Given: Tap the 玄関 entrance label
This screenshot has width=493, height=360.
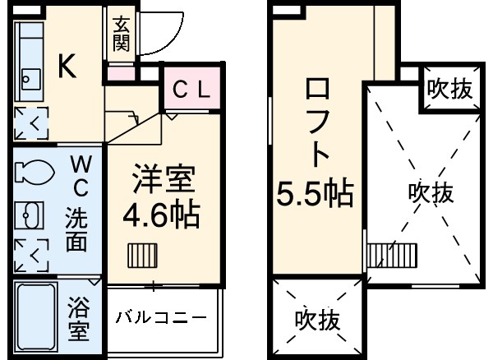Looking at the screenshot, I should click(122, 35).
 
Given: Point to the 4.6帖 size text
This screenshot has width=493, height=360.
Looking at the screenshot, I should click(160, 215).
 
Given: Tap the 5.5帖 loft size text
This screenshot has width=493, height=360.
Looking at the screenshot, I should click(314, 194).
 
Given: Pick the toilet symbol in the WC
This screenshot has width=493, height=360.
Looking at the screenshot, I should click(30, 173).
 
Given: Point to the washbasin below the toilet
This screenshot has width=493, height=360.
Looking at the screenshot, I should click(30, 215).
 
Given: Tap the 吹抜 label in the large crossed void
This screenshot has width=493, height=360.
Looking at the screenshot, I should click(431, 194).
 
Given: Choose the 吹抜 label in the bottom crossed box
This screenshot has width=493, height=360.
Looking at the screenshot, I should click(317, 319).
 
